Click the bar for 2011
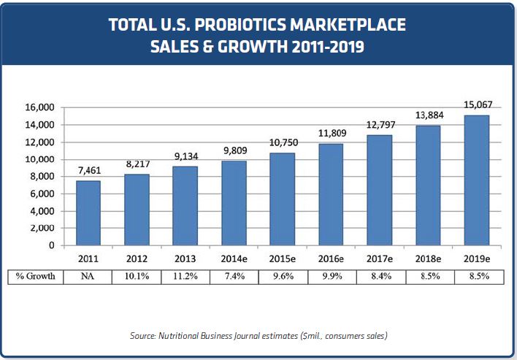pos(88,212)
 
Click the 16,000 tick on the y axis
pos(41,107)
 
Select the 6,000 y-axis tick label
pos(43,194)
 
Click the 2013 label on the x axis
pos(185,258)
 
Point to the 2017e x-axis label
pos(380,258)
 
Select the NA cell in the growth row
pos(88,277)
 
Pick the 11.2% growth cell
pos(185,277)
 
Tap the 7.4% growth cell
pos(234,277)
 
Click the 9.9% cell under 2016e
pos(332,277)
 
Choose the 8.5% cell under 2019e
pos(477,277)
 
